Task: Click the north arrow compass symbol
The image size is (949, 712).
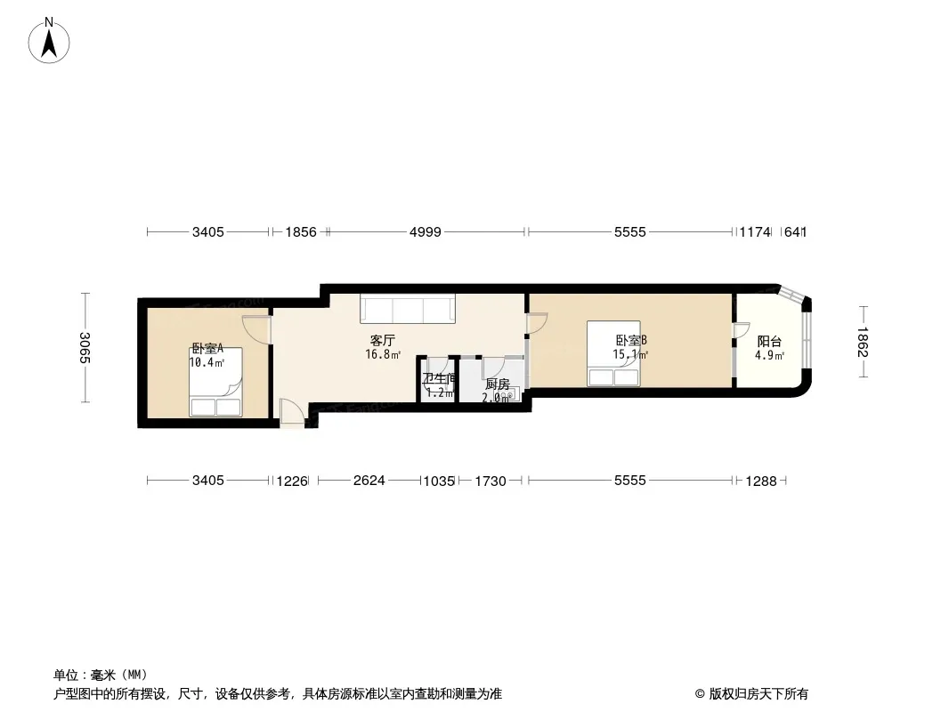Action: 49,41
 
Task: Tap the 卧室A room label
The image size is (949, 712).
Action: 207,349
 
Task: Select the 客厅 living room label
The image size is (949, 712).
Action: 383,341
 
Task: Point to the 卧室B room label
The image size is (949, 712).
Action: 631,341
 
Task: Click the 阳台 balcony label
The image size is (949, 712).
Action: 769,342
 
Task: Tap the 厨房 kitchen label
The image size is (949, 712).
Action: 498,384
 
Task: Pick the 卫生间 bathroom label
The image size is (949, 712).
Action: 440,378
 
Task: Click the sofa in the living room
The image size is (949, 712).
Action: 408,309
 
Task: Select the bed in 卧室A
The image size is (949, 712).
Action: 215,383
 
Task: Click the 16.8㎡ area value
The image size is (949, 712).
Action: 383,354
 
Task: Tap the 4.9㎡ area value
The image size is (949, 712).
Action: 769,356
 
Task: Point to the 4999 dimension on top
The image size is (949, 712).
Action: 426,231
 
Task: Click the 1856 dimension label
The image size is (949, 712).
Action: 301,231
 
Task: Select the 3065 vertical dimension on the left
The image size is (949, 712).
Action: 85,348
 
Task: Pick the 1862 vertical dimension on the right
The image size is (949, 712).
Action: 863,342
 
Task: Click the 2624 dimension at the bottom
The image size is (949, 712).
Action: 369,481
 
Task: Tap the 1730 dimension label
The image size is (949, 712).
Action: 491,481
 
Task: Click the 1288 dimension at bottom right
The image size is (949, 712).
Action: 761,481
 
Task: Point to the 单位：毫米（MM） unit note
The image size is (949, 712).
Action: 101,675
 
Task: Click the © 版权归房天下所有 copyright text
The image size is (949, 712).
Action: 751,694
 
